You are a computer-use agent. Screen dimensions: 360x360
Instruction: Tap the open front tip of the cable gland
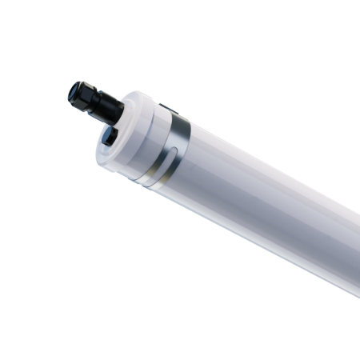74,90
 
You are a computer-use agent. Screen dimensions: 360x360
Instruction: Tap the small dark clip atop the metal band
166,109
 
